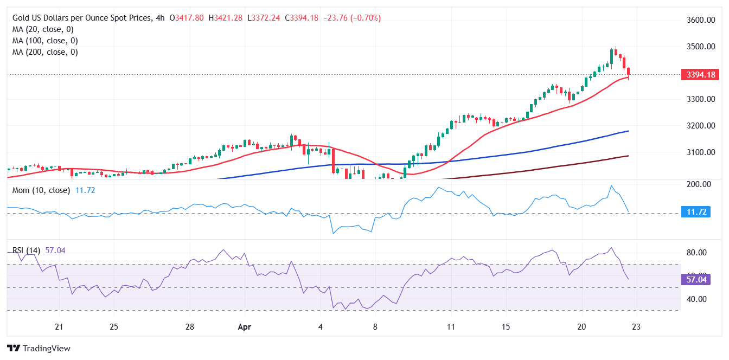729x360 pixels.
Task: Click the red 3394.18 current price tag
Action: click(x=699, y=74)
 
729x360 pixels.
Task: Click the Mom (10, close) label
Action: click(x=41, y=190)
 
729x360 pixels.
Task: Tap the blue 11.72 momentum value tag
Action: click(x=699, y=212)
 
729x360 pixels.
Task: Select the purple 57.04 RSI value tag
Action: click(x=699, y=280)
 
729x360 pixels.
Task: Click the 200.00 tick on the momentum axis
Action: click(x=699, y=184)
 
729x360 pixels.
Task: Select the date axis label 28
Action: click(x=189, y=327)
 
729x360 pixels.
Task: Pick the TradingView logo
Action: click(x=39, y=348)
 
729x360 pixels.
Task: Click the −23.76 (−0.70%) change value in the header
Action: click(x=352, y=18)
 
